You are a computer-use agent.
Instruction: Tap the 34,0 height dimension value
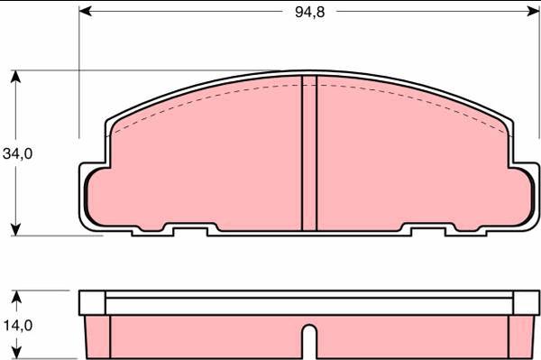click(x=17, y=153)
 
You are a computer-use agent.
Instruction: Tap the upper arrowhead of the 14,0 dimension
click(x=16, y=296)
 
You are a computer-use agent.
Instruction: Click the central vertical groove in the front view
click(x=309, y=153)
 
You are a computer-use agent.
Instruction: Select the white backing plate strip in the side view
click(x=309, y=302)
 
